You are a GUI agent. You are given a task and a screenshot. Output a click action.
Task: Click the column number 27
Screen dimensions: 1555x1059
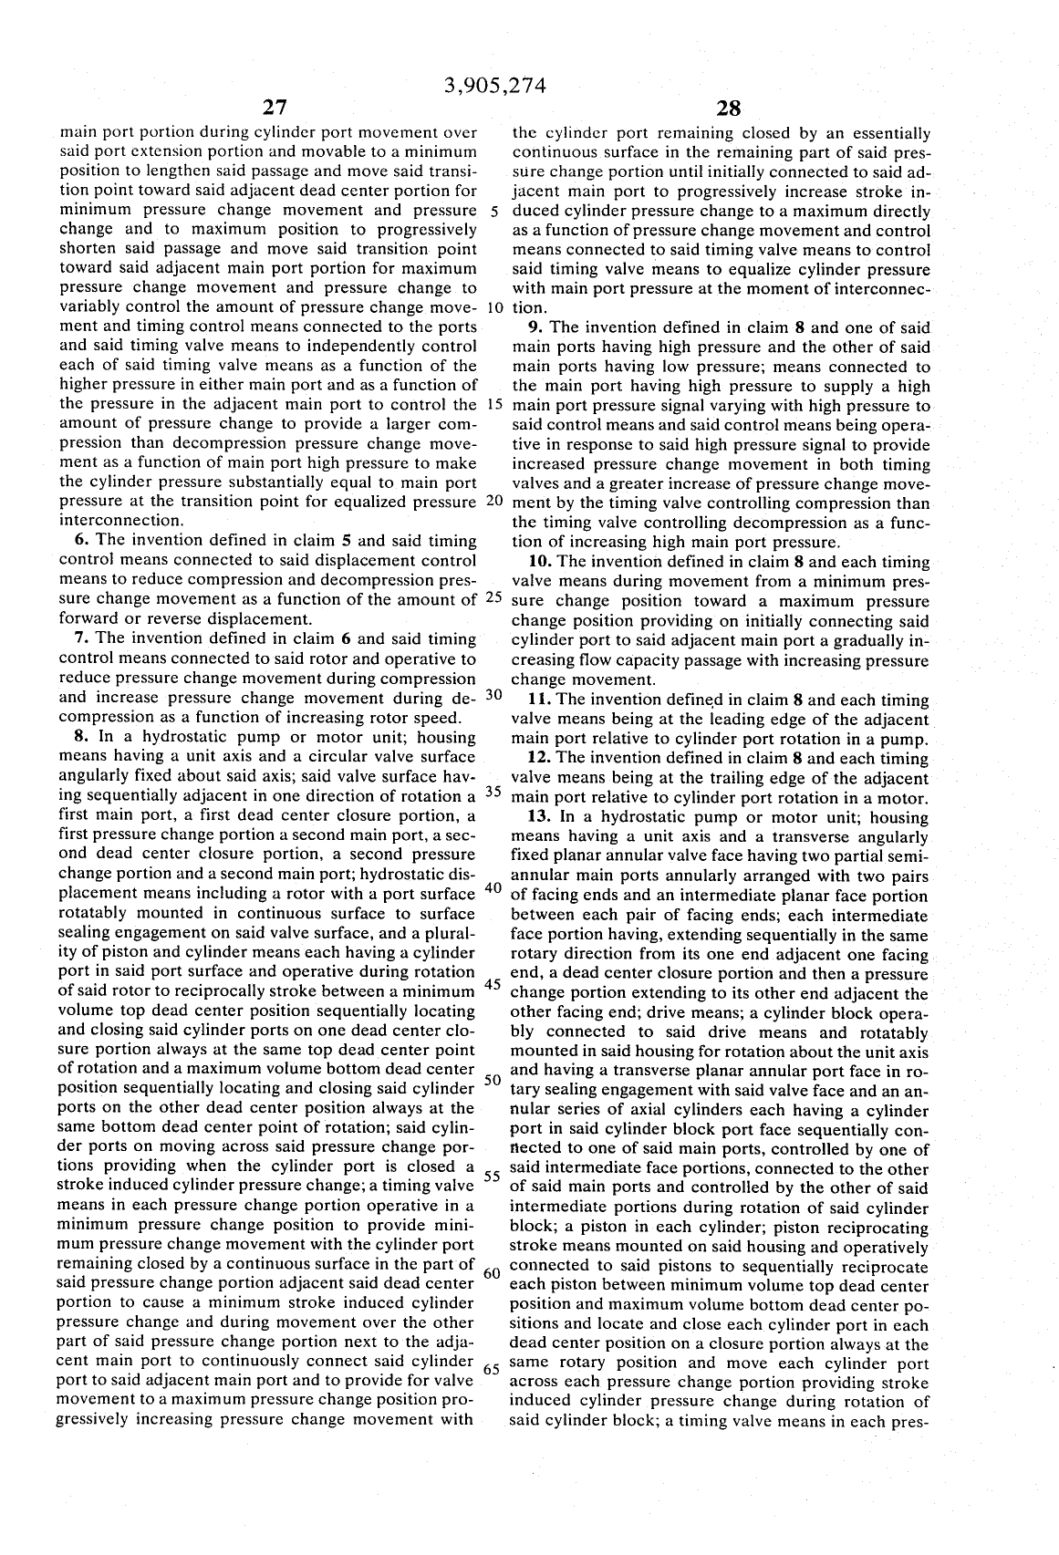[x=275, y=109]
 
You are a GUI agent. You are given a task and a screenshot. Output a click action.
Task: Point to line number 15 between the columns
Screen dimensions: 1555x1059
[x=493, y=405]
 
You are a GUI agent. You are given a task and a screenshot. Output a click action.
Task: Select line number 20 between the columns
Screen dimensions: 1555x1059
[x=493, y=501]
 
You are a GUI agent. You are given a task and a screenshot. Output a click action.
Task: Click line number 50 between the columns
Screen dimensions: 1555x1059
[x=493, y=1080]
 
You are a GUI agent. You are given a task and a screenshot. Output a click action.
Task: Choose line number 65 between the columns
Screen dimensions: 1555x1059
[x=493, y=1369]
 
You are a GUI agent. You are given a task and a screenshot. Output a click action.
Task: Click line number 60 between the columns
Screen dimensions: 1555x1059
[x=493, y=1272]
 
